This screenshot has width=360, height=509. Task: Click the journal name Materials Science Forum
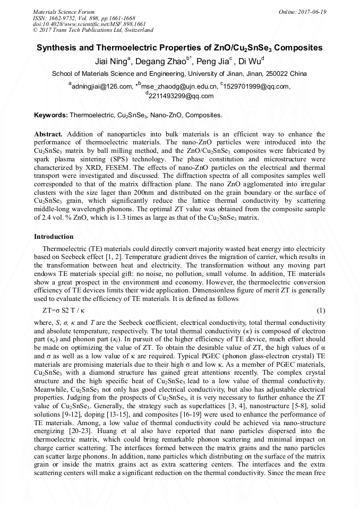(x=64, y=11)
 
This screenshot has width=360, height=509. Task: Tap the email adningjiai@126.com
(x=101, y=87)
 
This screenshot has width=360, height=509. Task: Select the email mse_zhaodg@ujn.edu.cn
(x=177, y=87)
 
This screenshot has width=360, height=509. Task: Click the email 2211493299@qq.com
(x=181, y=96)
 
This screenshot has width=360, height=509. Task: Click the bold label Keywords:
(x=51, y=115)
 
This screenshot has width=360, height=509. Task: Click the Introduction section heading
(x=54, y=236)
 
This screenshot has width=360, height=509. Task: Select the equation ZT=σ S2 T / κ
(x=63, y=309)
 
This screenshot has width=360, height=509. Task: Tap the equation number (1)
(x=320, y=309)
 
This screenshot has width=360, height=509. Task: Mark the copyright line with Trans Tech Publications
(x=93, y=30)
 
